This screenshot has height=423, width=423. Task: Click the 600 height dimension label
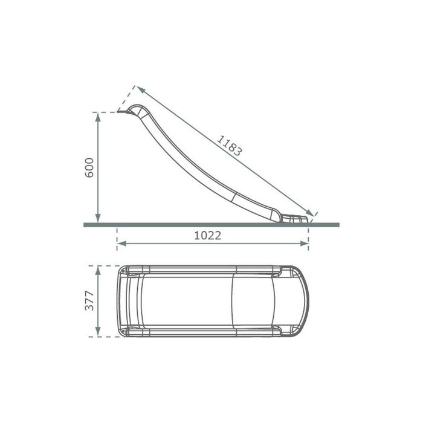click(x=89, y=167)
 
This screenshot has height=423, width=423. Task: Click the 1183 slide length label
click(x=229, y=146)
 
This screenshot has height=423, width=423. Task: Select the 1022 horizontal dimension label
click(x=208, y=236)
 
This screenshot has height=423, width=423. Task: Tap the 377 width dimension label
click(x=89, y=300)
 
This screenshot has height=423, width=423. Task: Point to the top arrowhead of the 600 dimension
click(x=98, y=117)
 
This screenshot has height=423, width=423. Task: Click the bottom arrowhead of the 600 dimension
click(x=98, y=218)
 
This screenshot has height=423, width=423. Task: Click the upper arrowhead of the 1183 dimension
click(x=141, y=89)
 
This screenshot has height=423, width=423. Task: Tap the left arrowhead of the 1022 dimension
click(x=122, y=244)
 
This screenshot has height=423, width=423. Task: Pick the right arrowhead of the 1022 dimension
click(x=305, y=244)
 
